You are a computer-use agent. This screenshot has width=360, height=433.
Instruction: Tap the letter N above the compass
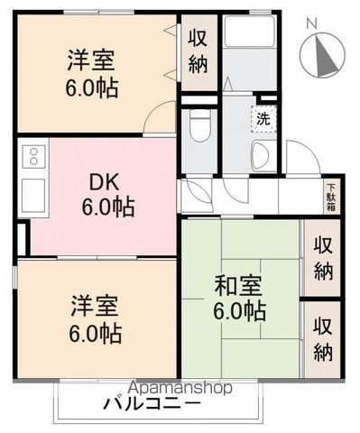click(x=311, y=23)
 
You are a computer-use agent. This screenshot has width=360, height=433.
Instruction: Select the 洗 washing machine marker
click(x=263, y=117)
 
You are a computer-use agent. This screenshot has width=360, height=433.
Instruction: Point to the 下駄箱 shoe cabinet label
click(x=329, y=195)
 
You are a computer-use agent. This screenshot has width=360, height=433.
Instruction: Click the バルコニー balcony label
click(x=151, y=403)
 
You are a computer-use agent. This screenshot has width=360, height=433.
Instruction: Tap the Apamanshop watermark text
click(x=180, y=387)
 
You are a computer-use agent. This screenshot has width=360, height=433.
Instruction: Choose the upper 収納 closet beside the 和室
click(x=320, y=257)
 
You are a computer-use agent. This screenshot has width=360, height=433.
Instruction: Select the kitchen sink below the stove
click(x=29, y=191)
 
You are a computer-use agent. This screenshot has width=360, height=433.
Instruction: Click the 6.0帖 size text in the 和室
click(x=239, y=312)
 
